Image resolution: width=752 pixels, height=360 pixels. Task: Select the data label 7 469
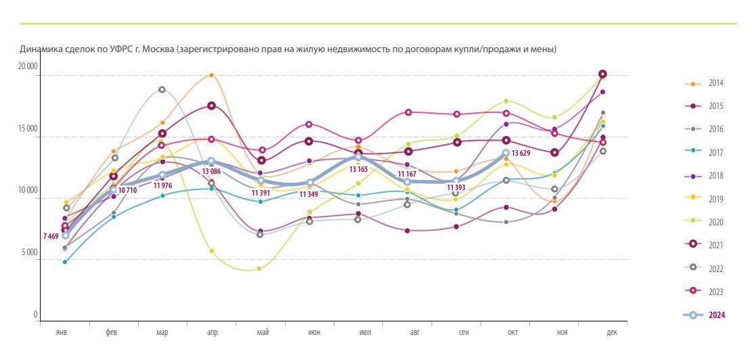pos(50,236)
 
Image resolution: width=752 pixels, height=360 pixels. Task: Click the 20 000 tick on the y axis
pos(27,66)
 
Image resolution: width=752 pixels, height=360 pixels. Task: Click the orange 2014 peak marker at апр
pos(211,75)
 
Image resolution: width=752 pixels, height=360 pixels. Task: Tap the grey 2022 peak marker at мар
pos(162,89)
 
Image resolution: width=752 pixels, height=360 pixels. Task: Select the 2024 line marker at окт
pos(506,153)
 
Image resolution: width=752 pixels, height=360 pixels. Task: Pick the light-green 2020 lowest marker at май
pos(260,269)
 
